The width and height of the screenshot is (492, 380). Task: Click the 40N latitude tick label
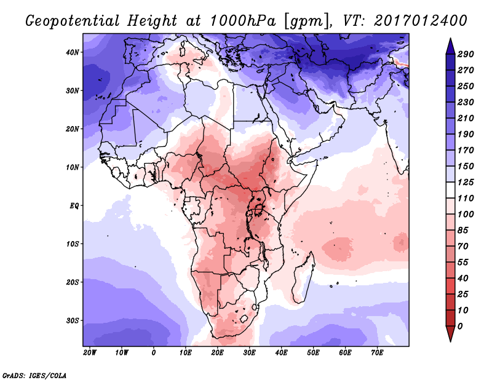pos(73,52)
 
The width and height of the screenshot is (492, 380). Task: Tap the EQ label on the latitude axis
pos(74,205)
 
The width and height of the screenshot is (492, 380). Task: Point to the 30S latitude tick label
pos(73,320)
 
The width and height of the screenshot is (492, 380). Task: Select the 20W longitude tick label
pos(89,352)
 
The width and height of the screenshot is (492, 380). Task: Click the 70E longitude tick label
pos(377,352)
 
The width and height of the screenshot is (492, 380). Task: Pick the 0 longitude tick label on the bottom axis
pos(154,352)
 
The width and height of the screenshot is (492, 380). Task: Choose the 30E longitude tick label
pos(249,352)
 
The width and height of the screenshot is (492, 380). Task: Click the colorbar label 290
pos(466,55)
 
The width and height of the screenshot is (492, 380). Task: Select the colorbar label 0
pos(461,326)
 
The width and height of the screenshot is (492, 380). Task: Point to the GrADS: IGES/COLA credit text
pos(34,374)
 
